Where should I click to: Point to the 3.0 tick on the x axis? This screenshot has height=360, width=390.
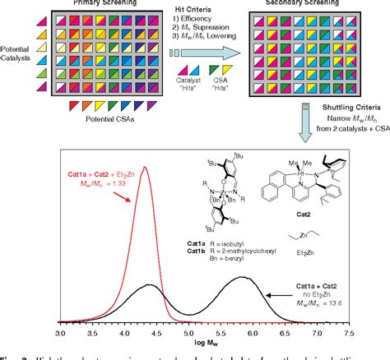(60, 335)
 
